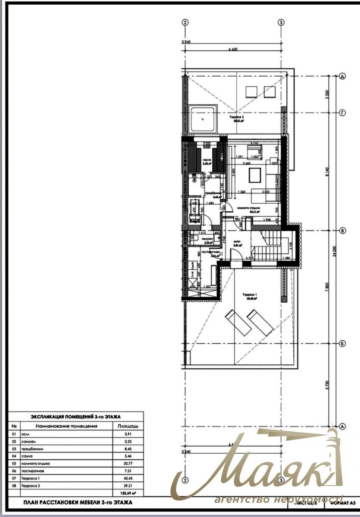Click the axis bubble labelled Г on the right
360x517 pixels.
coord(343,113)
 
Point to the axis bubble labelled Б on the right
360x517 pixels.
coord(343,344)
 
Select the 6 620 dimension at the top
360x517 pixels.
coord(233,50)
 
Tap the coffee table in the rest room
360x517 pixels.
coord(255,175)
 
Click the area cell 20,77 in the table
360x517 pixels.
coord(125,464)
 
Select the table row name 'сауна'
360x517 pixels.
coord(26,456)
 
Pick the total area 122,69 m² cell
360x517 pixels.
coord(125,492)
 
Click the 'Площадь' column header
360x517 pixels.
coord(125,426)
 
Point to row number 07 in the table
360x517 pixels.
coord(14,478)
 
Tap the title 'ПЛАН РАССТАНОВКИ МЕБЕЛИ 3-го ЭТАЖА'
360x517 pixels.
coord(77,502)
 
